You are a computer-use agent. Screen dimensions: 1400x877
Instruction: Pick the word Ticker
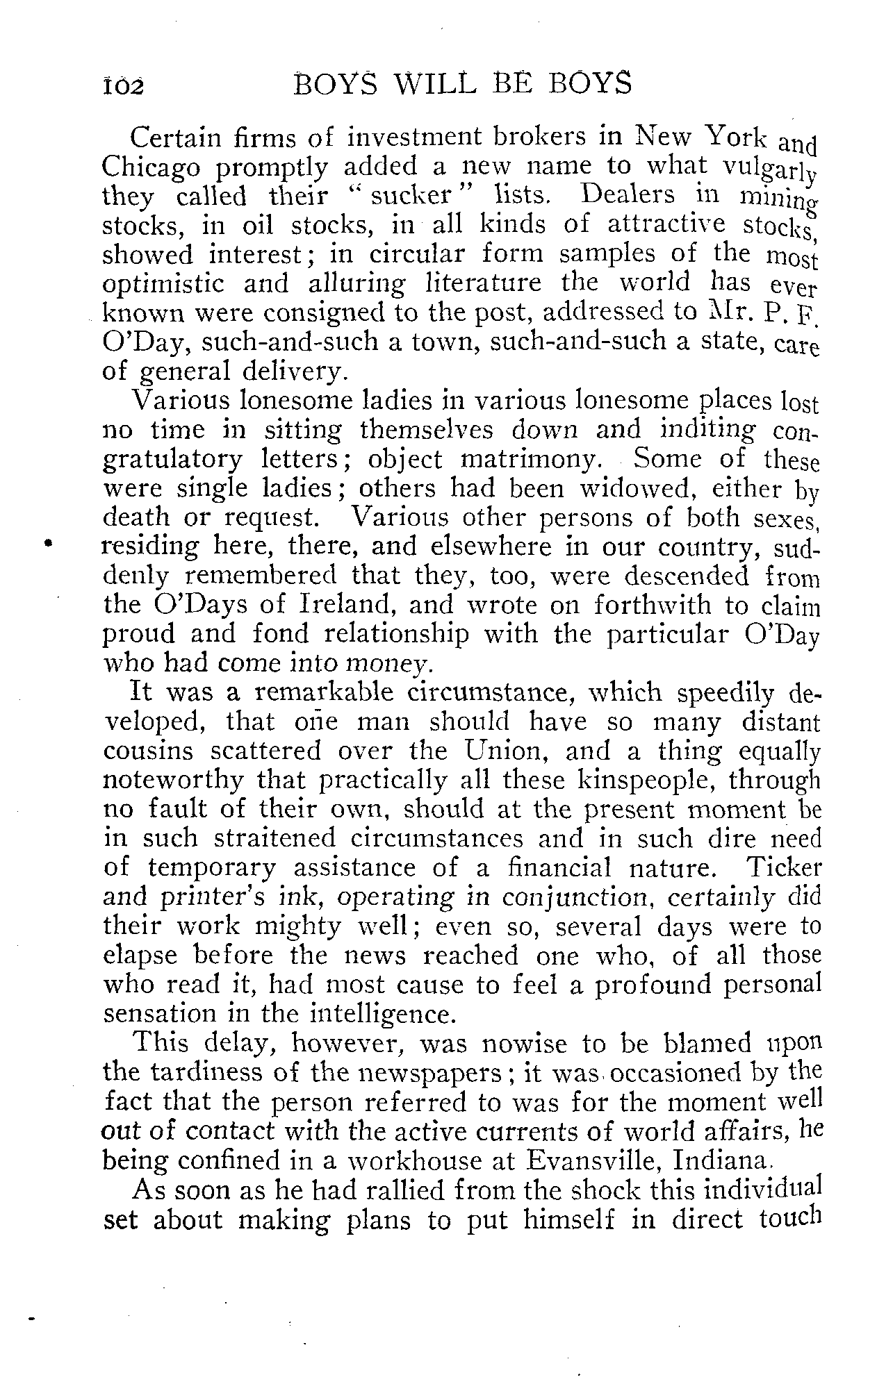(783, 868)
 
